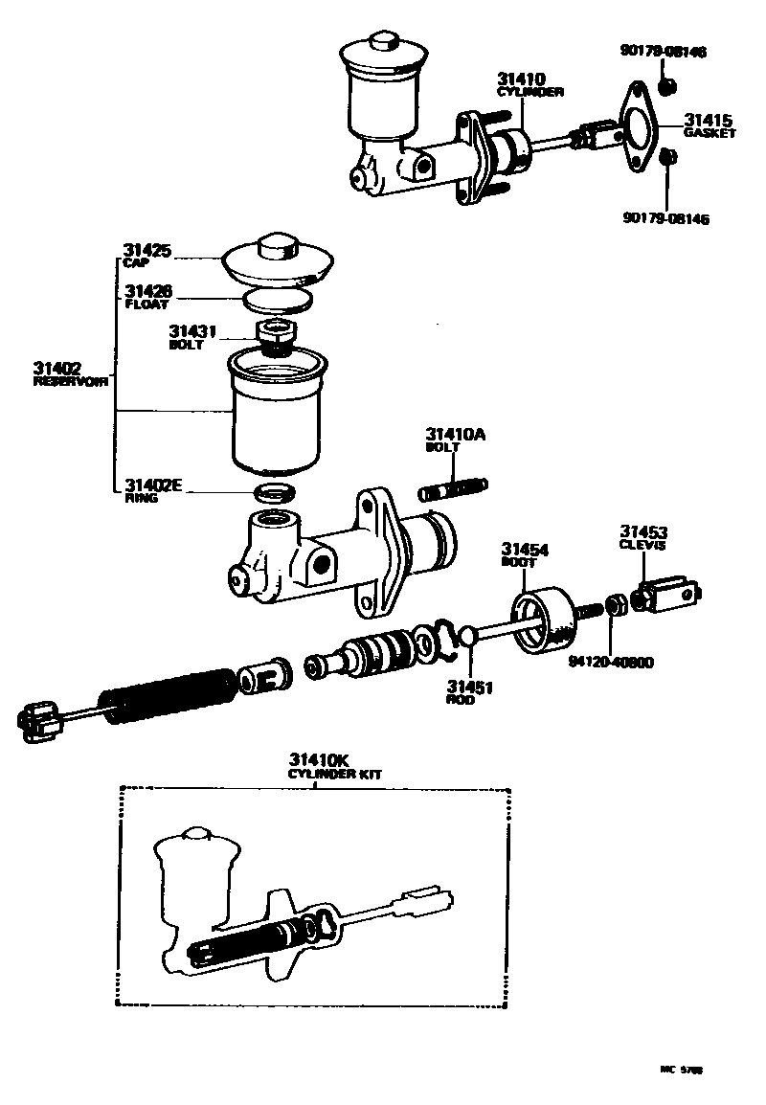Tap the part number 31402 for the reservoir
tap(56, 368)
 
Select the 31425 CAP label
tap(146, 255)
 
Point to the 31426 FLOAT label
tap(146, 297)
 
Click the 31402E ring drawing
tap(275, 493)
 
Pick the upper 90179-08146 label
tap(664, 52)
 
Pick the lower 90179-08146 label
tap(665, 218)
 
